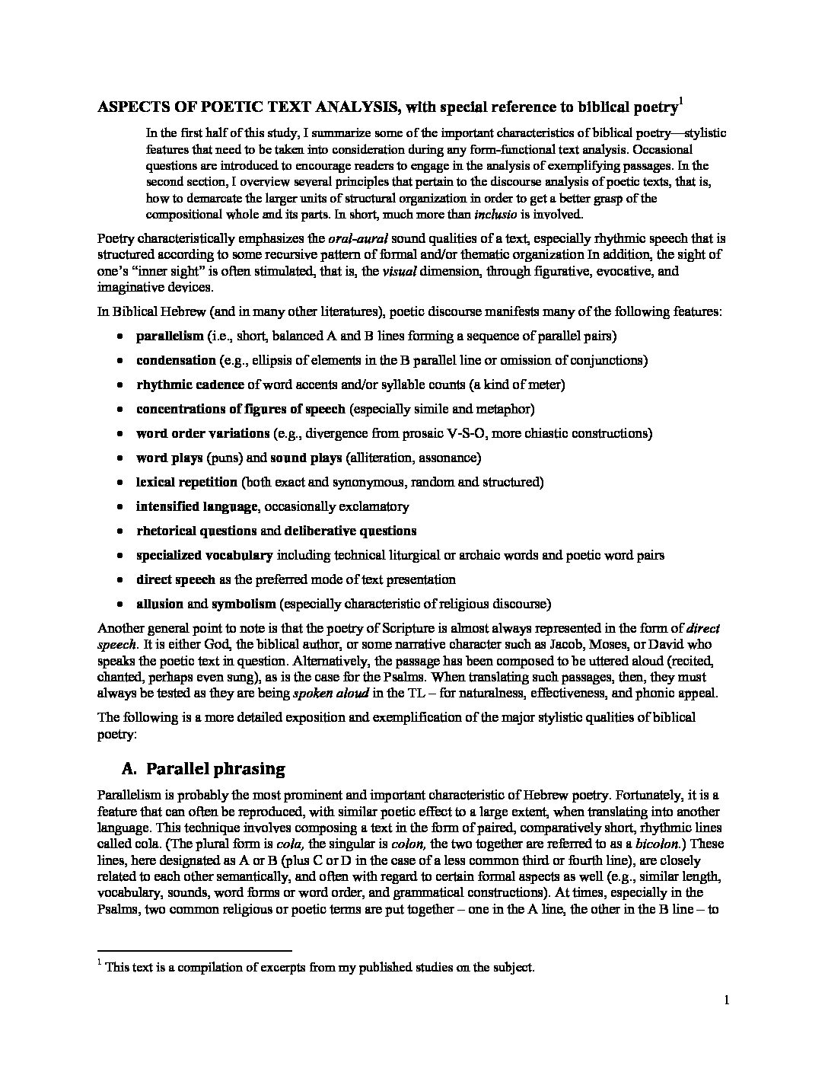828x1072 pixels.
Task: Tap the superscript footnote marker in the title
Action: [680, 101]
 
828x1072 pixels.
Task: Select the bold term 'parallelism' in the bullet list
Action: [170, 336]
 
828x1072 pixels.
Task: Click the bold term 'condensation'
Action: [176, 360]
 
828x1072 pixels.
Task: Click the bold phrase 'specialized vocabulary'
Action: [204, 555]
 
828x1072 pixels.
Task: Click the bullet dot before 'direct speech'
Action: [120, 580]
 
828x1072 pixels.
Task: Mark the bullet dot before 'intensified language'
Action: [120, 507]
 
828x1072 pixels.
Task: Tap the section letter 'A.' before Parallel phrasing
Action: [126, 768]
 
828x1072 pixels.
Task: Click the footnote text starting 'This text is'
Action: [320, 968]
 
